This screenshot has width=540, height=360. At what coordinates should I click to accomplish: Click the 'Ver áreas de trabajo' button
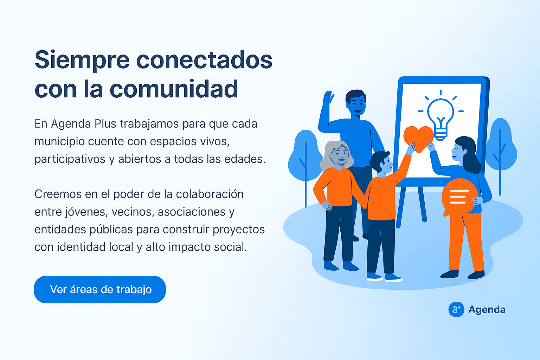pyautogui.click(x=100, y=289)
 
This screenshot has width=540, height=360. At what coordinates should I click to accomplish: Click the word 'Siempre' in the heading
pyautogui.click(x=82, y=60)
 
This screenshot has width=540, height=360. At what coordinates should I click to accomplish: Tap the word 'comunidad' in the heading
pyautogui.click(x=174, y=89)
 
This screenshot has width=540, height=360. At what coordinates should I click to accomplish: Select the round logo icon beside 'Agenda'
pyautogui.click(x=456, y=309)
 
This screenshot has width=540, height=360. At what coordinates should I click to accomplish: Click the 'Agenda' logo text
pyautogui.click(x=487, y=309)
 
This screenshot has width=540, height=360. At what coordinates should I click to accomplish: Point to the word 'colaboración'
pyautogui.click(x=210, y=194)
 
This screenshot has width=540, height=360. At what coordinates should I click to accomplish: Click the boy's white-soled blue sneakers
pyautogui.click(x=384, y=277)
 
